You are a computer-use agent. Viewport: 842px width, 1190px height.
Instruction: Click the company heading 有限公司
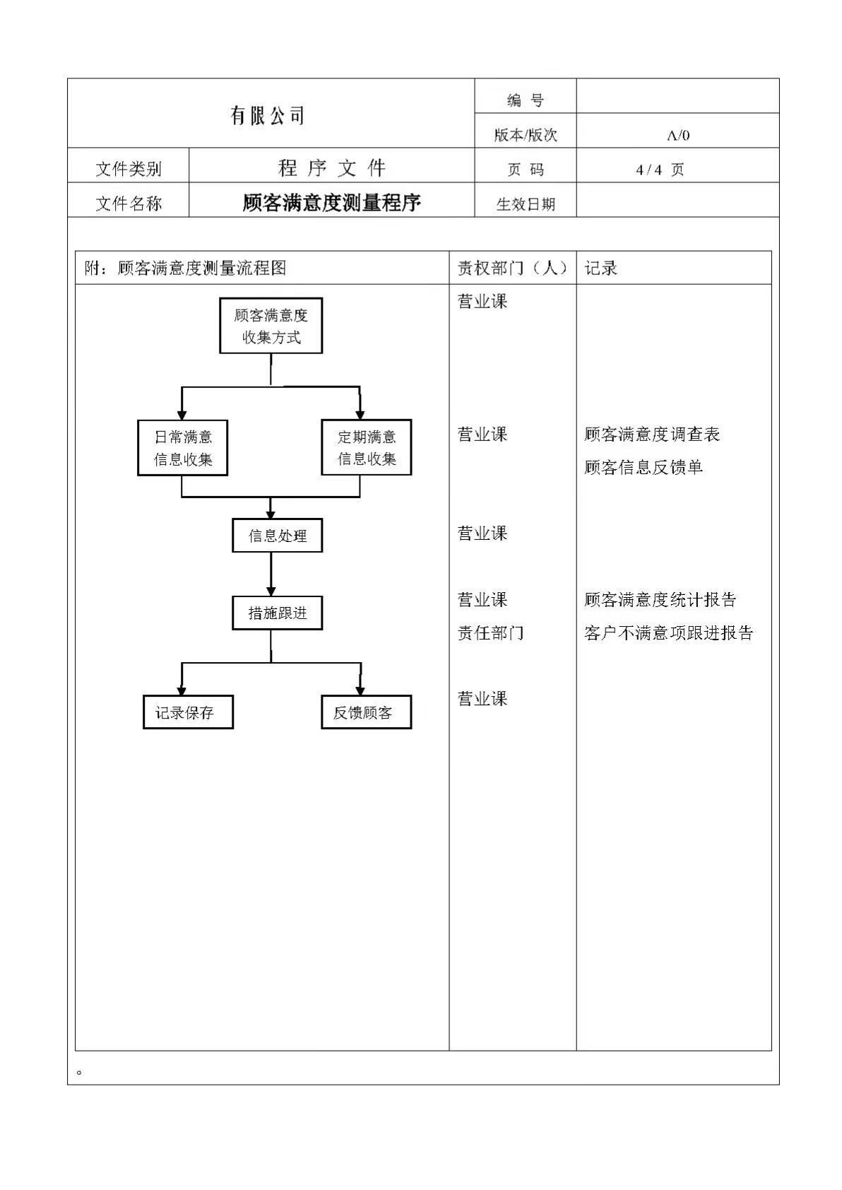coord(267,115)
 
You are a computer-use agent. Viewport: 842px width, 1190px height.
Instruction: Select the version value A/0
coord(678,136)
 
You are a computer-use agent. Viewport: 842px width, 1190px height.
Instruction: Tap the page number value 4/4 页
coord(660,170)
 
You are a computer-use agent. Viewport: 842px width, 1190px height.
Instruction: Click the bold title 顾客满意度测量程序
coord(332,202)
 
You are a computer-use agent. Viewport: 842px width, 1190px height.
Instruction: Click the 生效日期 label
coord(526,204)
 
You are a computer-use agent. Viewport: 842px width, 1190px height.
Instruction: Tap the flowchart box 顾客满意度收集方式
coord(271,326)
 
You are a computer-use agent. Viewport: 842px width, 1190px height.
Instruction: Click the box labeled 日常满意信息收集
coord(183,447)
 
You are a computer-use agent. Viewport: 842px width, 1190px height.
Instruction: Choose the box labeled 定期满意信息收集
coord(367,447)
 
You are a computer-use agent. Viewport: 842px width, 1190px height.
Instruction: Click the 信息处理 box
coord(277,536)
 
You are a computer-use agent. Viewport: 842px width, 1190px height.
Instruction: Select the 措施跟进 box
coord(277,613)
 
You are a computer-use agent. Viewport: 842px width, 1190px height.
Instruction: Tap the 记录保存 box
coord(188,712)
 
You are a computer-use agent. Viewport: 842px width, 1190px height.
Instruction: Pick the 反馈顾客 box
coord(367,712)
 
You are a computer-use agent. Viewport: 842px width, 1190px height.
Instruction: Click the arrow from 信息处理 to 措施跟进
coord(271,575)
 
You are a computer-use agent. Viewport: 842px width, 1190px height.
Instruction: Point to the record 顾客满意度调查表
coord(652,435)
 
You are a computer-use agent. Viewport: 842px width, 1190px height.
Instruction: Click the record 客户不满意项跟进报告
coord(668,632)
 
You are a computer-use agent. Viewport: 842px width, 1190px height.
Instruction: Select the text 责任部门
coord(490,632)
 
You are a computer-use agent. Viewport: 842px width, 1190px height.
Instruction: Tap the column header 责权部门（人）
coord(512,268)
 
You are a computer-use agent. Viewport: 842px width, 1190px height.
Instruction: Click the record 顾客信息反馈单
coord(644,468)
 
